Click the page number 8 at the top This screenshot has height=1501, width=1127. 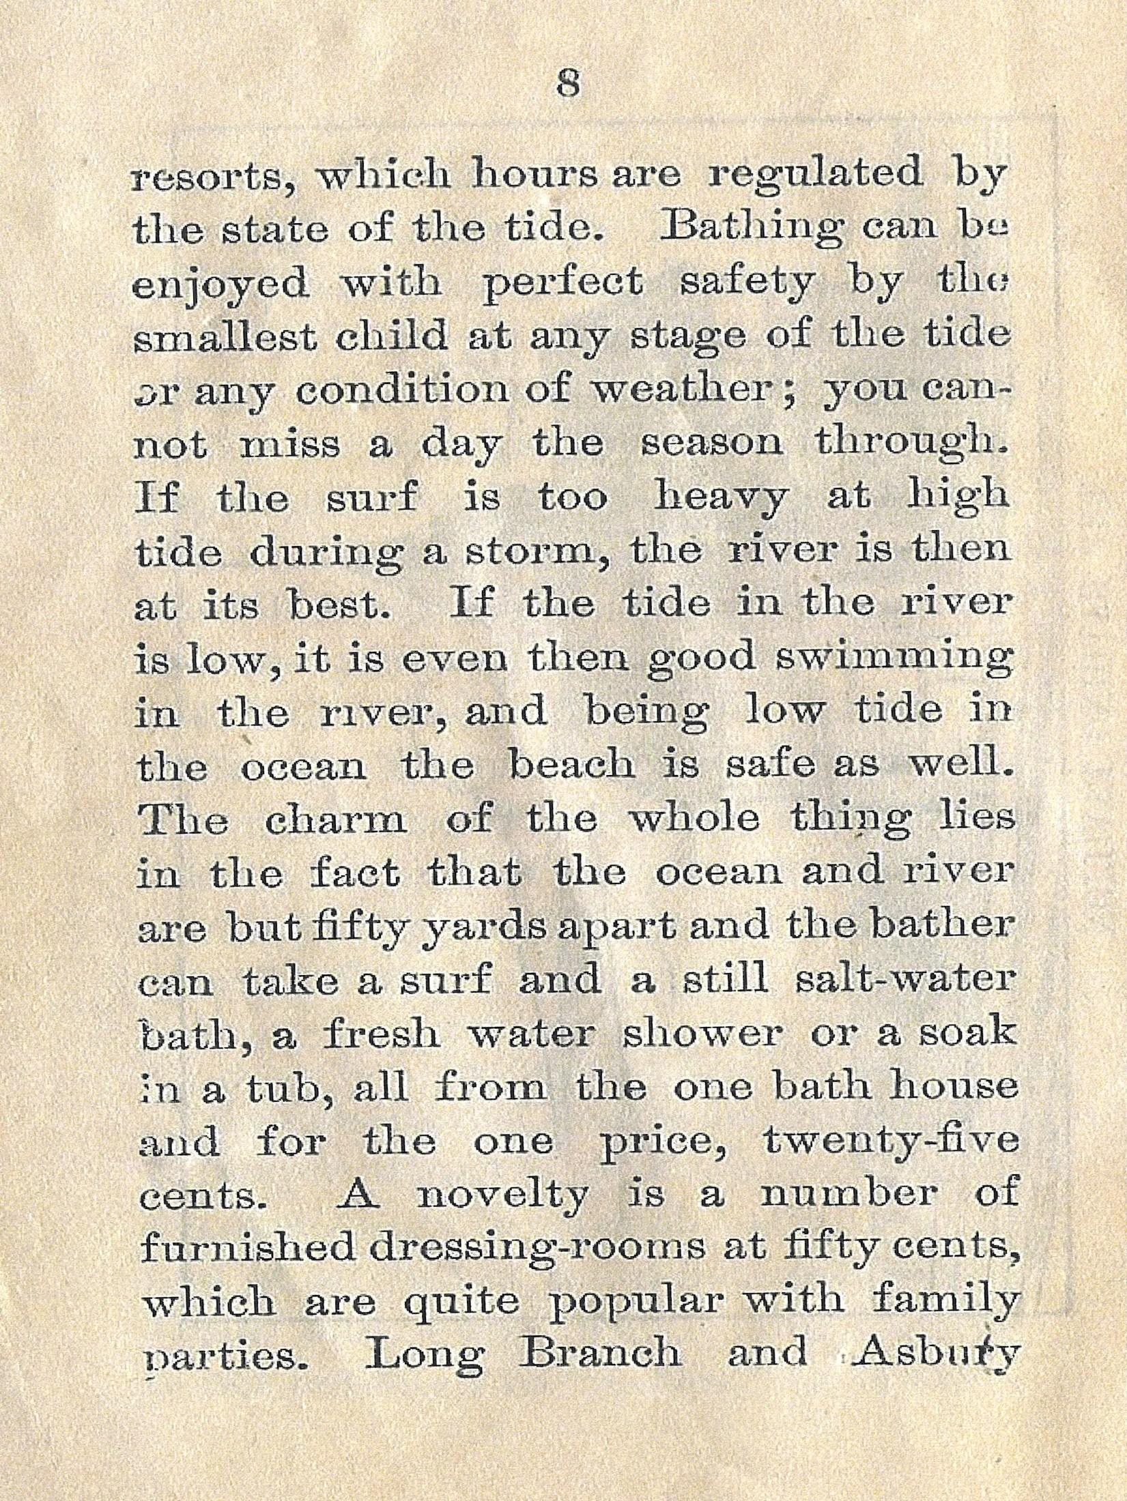coord(567,87)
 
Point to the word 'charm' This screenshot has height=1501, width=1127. coord(335,819)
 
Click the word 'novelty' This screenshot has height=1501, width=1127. coord(502,1194)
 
